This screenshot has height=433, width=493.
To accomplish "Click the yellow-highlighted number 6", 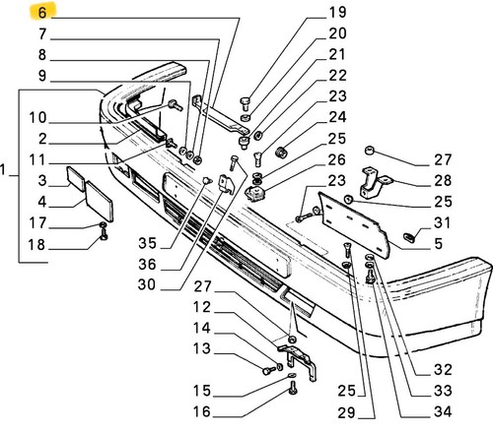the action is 42,13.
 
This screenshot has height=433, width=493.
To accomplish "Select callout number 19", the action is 337,12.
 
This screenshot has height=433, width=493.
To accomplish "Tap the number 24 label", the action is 337,117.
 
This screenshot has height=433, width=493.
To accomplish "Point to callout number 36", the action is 147,264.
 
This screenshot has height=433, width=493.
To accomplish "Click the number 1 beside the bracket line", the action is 3,170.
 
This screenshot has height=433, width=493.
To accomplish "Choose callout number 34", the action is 443,411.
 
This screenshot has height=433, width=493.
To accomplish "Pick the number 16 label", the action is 201,411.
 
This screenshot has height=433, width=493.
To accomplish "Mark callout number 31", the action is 442,222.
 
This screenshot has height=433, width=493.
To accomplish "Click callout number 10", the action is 37,117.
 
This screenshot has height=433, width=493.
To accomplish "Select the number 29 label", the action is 347,412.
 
